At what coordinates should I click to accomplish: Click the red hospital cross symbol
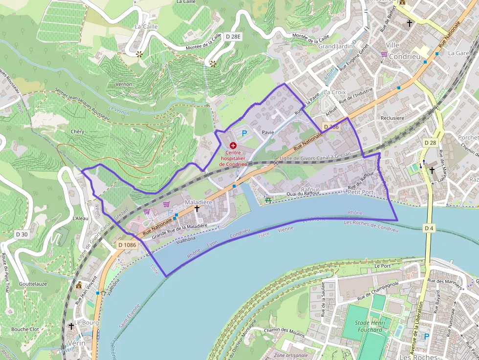(233, 146)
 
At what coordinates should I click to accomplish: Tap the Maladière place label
(198, 202)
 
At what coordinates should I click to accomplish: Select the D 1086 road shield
(127, 244)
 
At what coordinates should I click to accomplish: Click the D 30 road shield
(22, 234)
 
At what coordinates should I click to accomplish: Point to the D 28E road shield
(234, 37)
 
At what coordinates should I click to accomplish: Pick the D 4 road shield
(429, 228)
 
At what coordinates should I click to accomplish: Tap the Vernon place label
(124, 84)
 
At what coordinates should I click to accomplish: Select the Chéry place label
(77, 131)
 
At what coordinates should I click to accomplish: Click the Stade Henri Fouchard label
(369, 326)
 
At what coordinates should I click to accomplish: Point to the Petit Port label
(360, 192)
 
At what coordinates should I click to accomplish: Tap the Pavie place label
(267, 132)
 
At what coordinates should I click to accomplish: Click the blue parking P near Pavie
(244, 133)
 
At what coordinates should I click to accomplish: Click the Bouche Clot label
(25, 329)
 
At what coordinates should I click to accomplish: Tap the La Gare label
(458, 53)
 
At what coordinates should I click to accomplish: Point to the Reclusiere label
(392, 118)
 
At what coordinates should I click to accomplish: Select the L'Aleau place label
(80, 218)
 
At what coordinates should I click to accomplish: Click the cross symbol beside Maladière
(197, 209)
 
